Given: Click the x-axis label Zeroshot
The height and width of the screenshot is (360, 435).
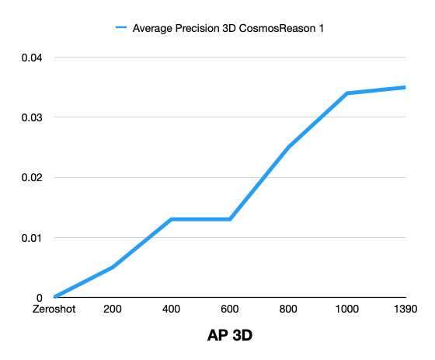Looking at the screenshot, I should (x=54, y=309).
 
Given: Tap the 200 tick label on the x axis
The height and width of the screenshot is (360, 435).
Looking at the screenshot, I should (x=113, y=309).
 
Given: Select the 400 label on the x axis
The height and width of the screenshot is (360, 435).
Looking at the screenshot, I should (x=172, y=309).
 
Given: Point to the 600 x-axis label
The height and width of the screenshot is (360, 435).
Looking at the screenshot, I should (x=230, y=309).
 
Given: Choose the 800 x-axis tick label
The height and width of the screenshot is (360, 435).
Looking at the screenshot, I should (x=289, y=309).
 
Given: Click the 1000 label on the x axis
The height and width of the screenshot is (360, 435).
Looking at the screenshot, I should (x=347, y=309).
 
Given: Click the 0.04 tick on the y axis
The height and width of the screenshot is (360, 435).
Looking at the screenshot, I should (x=32, y=58).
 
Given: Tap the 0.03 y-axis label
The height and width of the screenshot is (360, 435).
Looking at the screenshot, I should (x=32, y=117).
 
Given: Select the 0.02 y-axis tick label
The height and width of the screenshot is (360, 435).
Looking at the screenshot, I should (x=32, y=177).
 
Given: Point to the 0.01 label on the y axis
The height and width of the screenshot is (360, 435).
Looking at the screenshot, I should (x=32, y=237).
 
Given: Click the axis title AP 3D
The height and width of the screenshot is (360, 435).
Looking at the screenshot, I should (x=230, y=336).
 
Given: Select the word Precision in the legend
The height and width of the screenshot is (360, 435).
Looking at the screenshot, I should (x=200, y=29).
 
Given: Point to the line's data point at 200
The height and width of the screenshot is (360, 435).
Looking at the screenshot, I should (x=113, y=267).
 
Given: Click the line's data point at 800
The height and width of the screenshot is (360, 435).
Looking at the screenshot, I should (x=289, y=147).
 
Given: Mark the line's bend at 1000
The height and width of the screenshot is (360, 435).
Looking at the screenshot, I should (x=347, y=93).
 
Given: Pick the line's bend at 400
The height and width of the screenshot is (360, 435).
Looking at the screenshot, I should (x=172, y=219).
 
